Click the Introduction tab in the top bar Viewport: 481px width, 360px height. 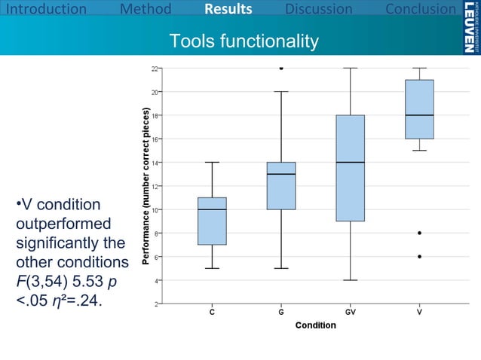point(44,10)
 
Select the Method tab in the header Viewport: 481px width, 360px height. point(146,10)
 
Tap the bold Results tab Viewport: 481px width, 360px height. point(228,10)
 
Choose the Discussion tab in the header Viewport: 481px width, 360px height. point(319,10)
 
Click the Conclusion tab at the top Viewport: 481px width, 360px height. point(421,10)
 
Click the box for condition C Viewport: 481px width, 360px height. point(211,221)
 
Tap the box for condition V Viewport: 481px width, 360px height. point(419,109)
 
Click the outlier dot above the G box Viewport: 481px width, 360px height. point(281,68)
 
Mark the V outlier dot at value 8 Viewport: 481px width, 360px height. point(419,233)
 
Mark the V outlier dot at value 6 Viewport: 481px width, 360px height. point(419,256)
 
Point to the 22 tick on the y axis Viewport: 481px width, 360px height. point(155,68)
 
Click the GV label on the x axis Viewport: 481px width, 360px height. point(351,313)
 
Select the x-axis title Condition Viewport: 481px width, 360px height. point(315,325)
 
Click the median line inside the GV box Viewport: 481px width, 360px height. point(351,162)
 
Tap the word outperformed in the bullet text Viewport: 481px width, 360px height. point(63,224)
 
